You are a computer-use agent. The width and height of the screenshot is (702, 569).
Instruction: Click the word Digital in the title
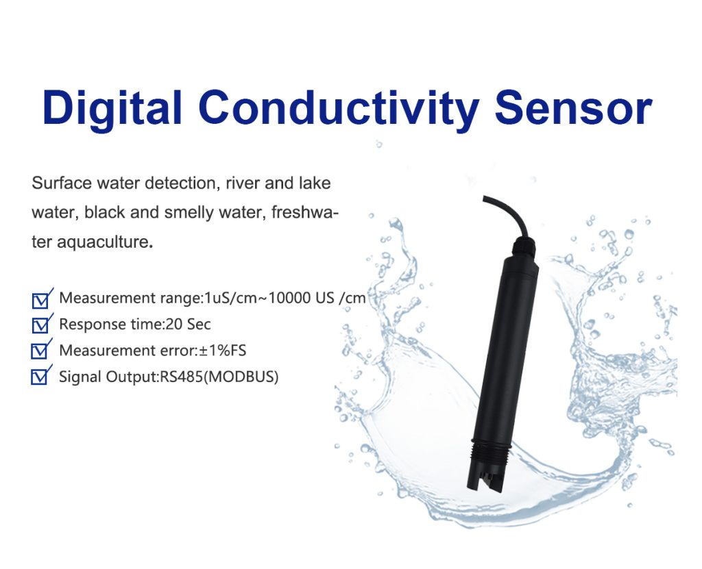[112, 108]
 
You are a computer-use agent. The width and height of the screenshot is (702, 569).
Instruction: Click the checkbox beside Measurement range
[41, 299]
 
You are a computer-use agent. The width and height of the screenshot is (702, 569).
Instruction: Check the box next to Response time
[41, 325]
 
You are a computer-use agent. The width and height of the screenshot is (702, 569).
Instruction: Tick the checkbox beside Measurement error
[41, 351]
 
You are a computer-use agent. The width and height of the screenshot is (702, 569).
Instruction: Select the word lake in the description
[315, 184]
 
